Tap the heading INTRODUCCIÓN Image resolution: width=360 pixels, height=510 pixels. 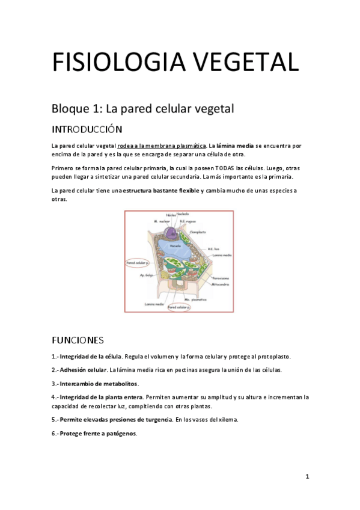click(x=87, y=129)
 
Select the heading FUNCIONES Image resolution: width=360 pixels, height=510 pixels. click(x=78, y=340)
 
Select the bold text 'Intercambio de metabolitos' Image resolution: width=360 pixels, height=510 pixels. click(x=99, y=384)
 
